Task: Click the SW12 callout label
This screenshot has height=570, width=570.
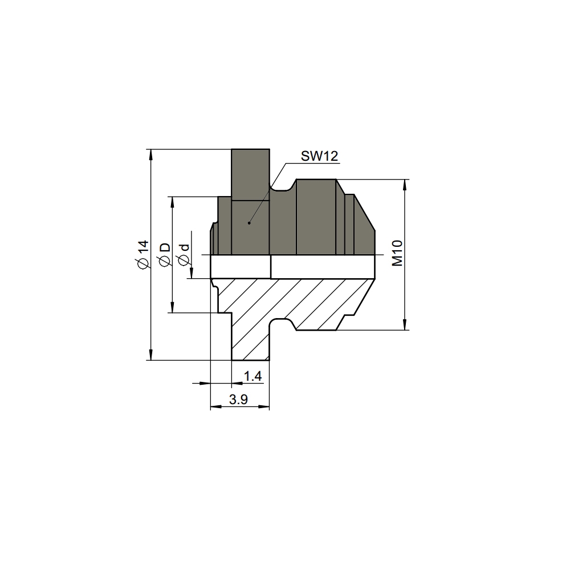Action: [319, 156]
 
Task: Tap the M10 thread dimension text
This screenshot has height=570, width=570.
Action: [397, 254]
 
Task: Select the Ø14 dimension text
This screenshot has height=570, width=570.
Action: [143, 254]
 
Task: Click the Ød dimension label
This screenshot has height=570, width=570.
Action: [184, 255]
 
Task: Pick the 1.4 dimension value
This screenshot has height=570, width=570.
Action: [253, 376]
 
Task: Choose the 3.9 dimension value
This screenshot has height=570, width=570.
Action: [238, 400]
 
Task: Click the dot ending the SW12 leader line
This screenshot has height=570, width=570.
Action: [249, 223]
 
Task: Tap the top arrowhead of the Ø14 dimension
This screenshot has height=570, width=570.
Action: [151, 154]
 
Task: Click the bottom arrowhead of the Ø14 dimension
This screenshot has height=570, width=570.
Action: [151, 355]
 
